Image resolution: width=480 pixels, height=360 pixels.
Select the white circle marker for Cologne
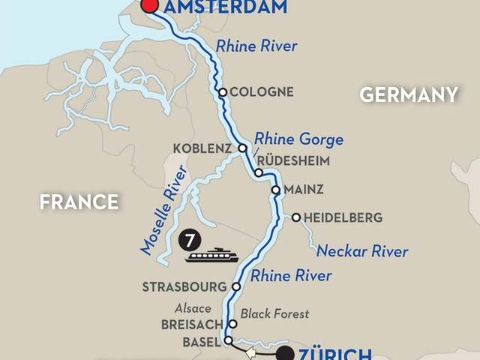click(223, 92)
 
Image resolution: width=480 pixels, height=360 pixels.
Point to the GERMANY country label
click(409, 94)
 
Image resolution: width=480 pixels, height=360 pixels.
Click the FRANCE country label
click(79, 202)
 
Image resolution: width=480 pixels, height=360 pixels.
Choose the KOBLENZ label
click(202, 148)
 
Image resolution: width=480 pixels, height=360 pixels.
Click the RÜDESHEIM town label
click(292, 160)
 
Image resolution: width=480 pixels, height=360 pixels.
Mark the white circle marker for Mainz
click(275, 190)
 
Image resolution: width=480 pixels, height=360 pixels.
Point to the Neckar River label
click(362, 250)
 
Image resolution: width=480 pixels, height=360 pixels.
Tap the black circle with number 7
click(190, 241)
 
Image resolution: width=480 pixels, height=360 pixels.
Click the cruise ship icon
click(212, 256)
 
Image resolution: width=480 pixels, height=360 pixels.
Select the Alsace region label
click(193, 308)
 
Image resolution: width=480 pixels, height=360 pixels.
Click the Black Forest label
click(276, 313)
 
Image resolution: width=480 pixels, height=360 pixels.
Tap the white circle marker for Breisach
click(232, 324)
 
